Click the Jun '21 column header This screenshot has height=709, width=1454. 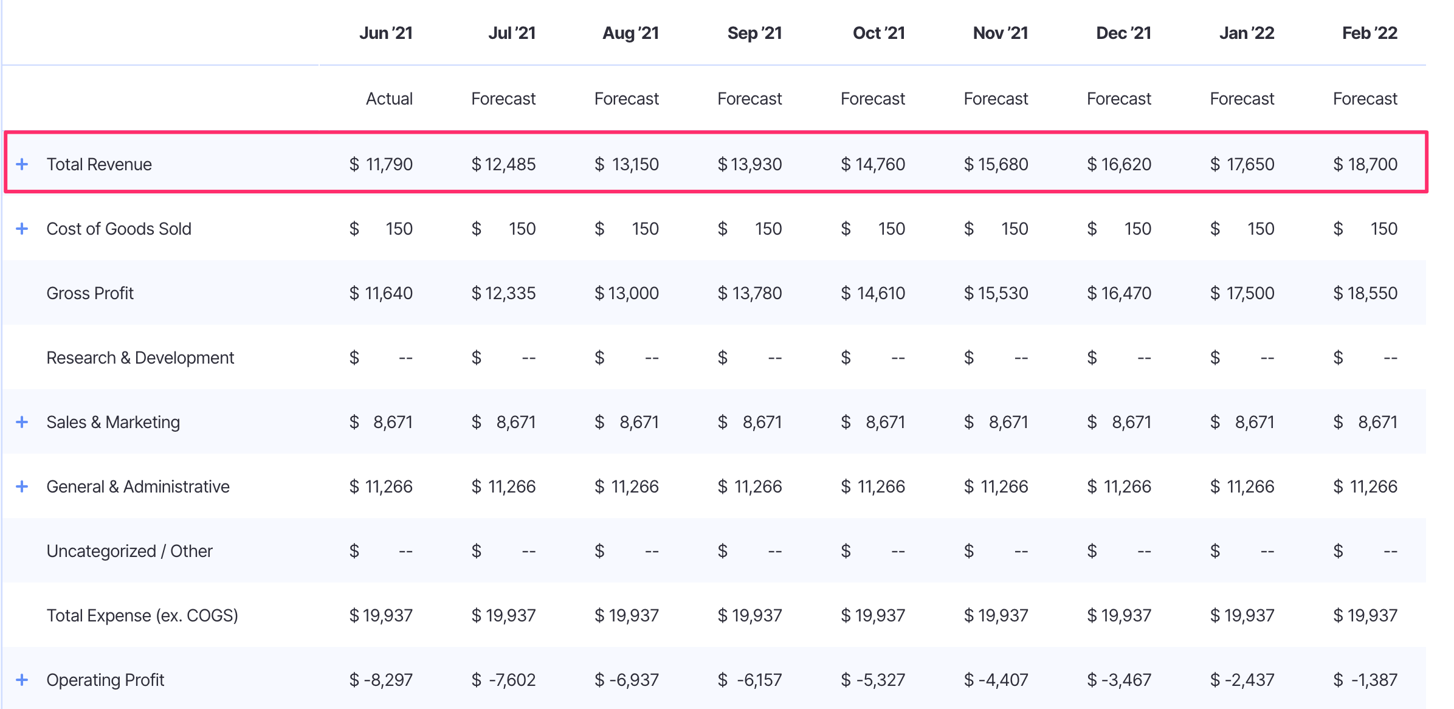[385, 33]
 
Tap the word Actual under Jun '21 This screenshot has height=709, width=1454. [389, 99]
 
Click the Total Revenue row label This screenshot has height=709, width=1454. [99, 164]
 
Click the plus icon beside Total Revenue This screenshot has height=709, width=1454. [22, 164]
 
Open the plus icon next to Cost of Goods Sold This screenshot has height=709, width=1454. [22, 229]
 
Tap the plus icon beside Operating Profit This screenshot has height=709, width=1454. [22, 680]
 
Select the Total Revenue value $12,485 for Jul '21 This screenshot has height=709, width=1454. [504, 164]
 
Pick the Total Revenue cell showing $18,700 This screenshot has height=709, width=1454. [1365, 164]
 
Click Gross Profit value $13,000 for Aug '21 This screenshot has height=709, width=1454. [627, 293]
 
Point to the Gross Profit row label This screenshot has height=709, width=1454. [90, 293]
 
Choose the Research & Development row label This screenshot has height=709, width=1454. [140, 358]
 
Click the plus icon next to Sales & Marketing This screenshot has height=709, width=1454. [22, 422]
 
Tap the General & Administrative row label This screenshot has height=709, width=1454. [138, 486]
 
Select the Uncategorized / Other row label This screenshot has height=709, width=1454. [129, 551]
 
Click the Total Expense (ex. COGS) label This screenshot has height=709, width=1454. [142, 615]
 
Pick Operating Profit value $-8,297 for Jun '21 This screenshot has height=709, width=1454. [381, 680]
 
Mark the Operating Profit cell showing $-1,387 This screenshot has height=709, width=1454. [1365, 680]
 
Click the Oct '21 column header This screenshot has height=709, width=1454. [878, 33]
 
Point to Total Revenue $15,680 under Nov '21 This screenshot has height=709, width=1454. [996, 164]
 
